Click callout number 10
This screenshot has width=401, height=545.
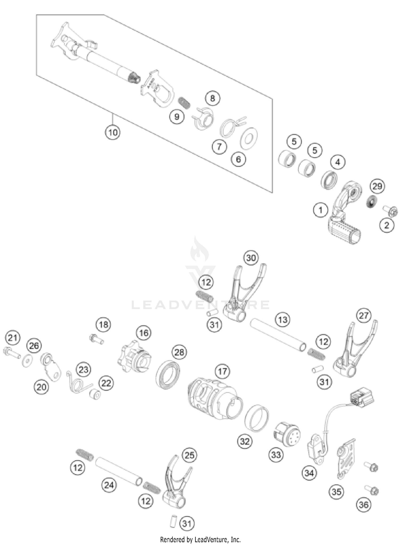click(x=113, y=132)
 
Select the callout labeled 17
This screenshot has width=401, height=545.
click(x=222, y=371)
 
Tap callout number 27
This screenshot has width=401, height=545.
click(x=364, y=316)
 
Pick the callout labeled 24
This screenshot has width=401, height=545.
click(x=109, y=485)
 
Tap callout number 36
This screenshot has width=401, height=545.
click(x=363, y=505)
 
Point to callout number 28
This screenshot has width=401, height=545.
click(x=179, y=352)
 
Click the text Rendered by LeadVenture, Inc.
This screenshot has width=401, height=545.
click(x=200, y=539)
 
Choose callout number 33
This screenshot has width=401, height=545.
click(x=276, y=454)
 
